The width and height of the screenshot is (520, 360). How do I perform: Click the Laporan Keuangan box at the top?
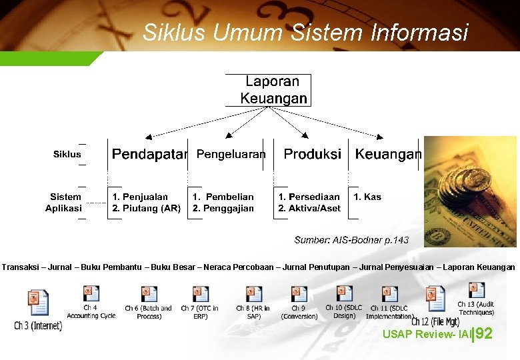point(273,90)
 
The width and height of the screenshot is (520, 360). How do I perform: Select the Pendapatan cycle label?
point(149,155)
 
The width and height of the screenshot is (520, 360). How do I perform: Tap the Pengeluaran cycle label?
point(231,155)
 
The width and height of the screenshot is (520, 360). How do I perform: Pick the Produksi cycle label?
point(312,155)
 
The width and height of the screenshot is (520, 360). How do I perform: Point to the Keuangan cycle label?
point(388,155)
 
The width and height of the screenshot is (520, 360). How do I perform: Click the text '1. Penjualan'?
point(140,197)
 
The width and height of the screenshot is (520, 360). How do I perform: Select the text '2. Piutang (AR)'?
point(147,208)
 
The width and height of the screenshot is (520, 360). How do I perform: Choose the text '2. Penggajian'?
point(223,208)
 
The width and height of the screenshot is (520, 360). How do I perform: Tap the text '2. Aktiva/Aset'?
point(309,208)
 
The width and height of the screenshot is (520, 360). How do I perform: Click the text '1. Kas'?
point(367,197)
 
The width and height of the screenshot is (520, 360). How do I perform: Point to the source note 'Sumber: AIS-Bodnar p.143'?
point(351,240)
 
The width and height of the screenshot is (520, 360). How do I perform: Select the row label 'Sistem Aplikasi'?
point(64,202)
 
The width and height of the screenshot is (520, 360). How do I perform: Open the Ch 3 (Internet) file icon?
point(38,303)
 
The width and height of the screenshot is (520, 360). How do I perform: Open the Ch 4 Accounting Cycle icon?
point(91,294)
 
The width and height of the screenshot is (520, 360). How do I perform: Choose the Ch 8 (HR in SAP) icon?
point(253,294)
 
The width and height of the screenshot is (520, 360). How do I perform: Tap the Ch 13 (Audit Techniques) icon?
point(476,291)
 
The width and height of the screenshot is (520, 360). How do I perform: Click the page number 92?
point(485,333)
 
